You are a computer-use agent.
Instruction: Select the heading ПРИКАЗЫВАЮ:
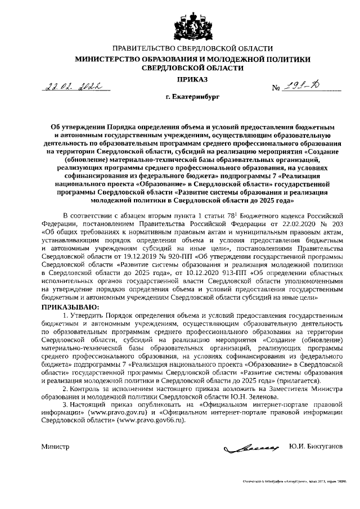71,307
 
